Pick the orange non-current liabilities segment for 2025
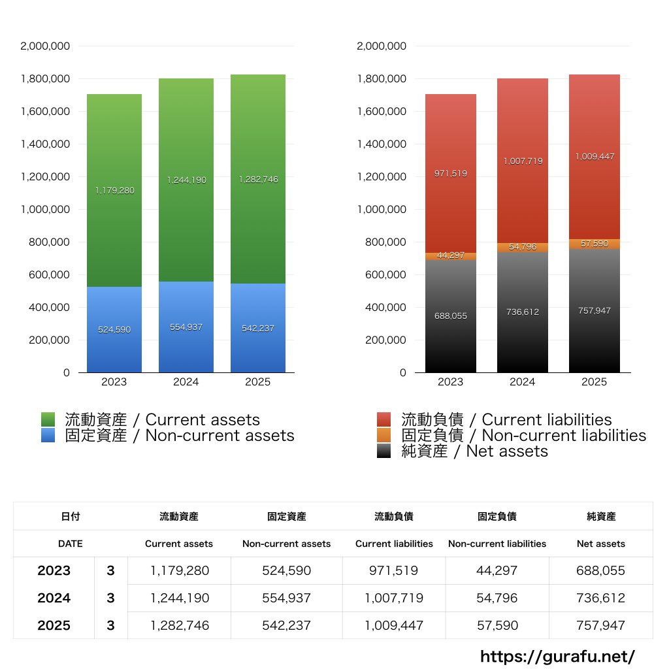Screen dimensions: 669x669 tap(595, 244)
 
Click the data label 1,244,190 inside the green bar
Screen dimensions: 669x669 tap(186, 180)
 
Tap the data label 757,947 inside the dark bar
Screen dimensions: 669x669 tap(595, 310)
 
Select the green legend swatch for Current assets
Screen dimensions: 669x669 tap(48, 419)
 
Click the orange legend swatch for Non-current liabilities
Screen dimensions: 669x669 tap(384, 435)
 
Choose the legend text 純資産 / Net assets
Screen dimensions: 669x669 tap(474, 451)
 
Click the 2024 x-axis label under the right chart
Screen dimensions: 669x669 tap(523, 382)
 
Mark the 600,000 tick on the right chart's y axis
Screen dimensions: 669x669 tap(382, 275)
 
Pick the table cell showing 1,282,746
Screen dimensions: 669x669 tap(180, 625)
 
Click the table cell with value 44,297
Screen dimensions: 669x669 tap(497, 570)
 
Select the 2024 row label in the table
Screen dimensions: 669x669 tap(54, 598)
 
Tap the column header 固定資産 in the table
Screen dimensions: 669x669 tap(286, 516)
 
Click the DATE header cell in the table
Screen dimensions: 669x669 tap(71, 544)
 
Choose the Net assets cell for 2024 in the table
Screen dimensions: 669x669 tap(601, 598)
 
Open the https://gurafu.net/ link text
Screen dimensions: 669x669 tap(557, 657)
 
